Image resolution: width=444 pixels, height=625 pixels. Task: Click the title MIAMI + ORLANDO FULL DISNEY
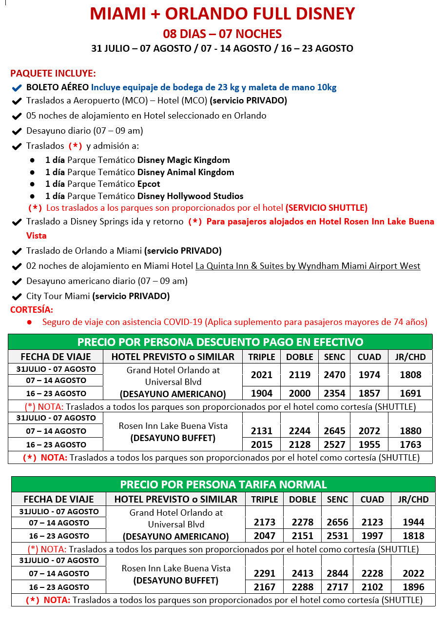(222, 14)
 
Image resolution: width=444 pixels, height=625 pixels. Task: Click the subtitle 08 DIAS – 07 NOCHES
(222, 34)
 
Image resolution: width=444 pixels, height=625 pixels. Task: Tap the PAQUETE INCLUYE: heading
(53, 74)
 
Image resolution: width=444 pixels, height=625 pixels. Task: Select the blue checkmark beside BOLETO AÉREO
(17, 88)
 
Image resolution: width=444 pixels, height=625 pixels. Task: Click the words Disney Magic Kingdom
(184, 160)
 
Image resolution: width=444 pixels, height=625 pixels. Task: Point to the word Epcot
(149, 184)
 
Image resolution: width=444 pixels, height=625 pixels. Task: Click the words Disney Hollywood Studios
(191, 196)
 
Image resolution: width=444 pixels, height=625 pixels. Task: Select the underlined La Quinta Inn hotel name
(308, 266)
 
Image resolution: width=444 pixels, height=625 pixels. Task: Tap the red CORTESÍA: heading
(32, 309)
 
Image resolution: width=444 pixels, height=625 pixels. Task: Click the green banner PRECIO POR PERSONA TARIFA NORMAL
(223, 484)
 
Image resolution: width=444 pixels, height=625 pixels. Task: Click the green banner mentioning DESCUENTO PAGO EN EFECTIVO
(220, 342)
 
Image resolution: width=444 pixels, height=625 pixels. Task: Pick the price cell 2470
(335, 375)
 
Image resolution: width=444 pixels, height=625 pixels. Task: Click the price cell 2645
(335, 431)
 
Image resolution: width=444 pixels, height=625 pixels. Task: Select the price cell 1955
(369, 444)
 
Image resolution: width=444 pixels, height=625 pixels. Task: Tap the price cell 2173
(265, 522)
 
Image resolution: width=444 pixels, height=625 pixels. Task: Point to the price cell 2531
(337, 536)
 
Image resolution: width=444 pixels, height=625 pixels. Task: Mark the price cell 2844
(337, 573)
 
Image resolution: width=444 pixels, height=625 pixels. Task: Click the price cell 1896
(413, 587)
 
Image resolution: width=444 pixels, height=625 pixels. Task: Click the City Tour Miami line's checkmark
(17, 296)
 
